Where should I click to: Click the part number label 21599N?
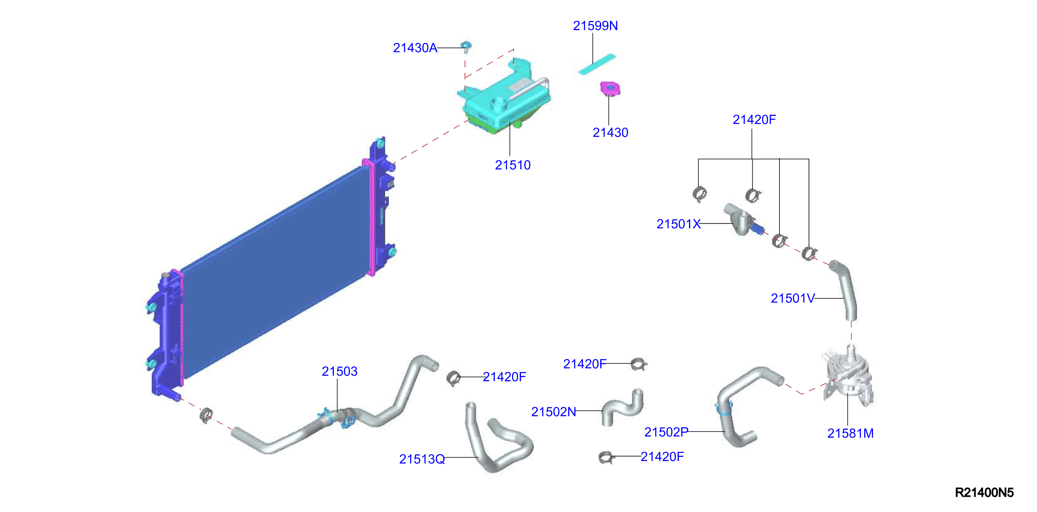tap(595, 26)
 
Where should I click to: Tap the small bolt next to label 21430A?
tap(466, 47)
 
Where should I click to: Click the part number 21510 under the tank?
tap(513, 165)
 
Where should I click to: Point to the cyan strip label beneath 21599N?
tap(597, 64)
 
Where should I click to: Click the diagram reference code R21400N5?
tap(984, 492)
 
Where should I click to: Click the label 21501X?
tap(678, 224)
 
